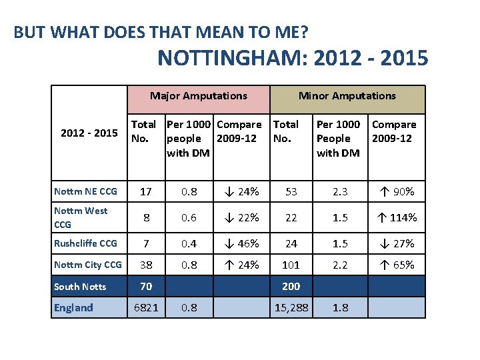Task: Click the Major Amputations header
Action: [x=199, y=96]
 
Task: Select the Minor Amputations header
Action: [x=347, y=96]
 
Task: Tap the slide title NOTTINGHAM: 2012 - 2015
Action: [x=293, y=58]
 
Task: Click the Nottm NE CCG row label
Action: [x=85, y=191]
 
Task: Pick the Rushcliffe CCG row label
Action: [x=85, y=243]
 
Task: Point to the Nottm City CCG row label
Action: [x=88, y=265]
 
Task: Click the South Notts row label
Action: [x=80, y=287]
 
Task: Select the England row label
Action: [x=73, y=307]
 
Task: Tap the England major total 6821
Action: [x=145, y=307]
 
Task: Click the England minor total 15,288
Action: [x=291, y=307]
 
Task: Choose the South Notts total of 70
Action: [x=145, y=286]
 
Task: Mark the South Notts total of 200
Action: [x=291, y=286]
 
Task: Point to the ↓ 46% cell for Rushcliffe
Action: [x=241, y=243]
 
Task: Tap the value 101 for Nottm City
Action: [x=291, y=265]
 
